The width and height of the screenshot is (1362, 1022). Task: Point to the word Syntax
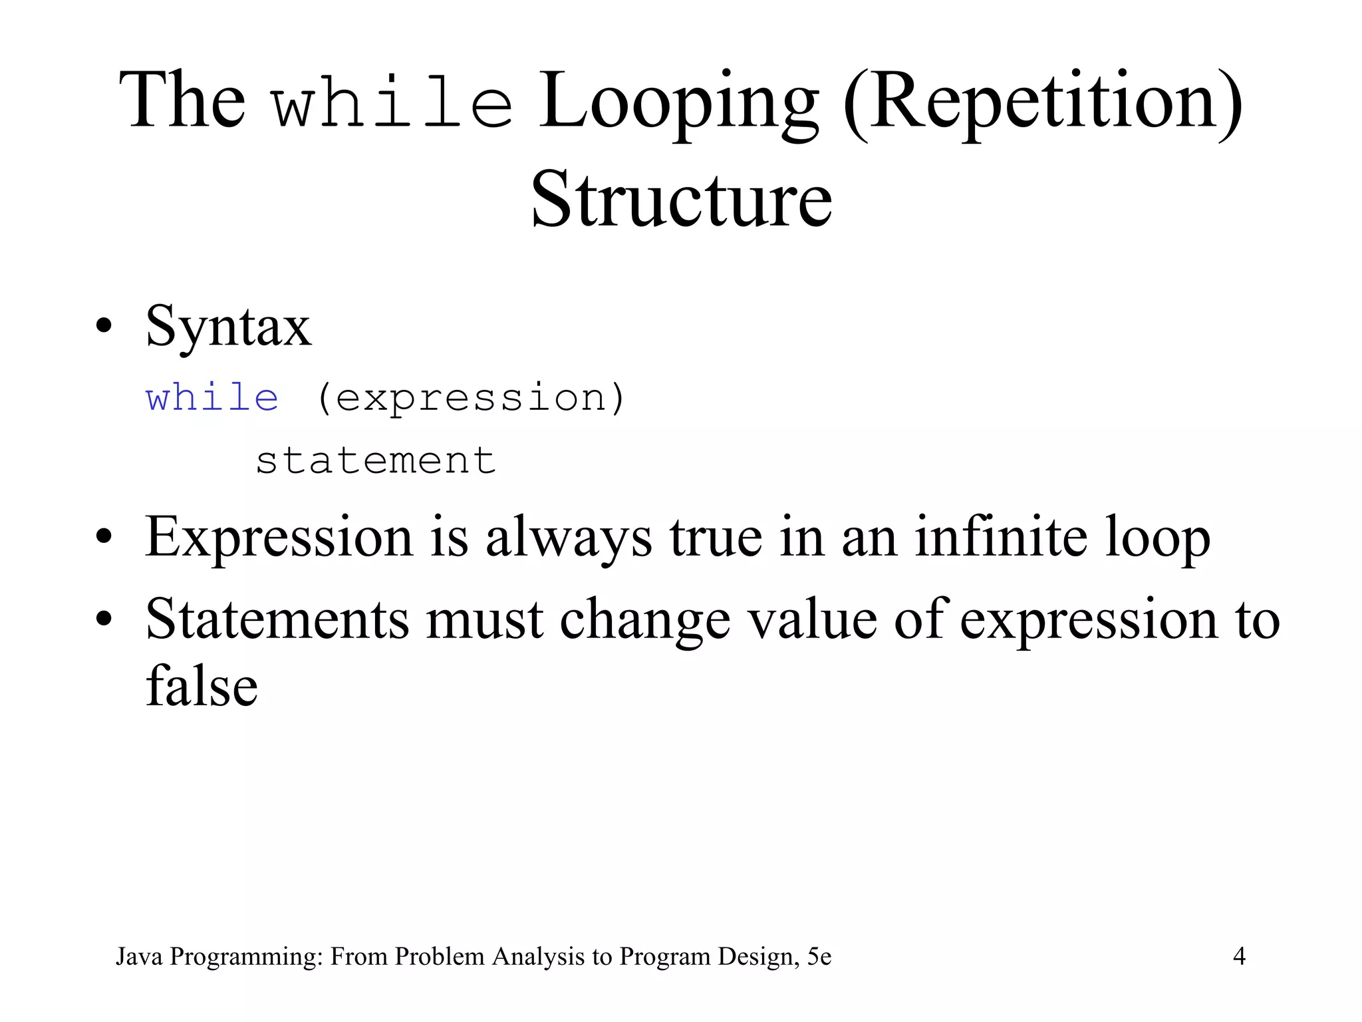(228, 327)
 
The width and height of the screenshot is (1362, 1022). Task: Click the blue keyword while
(212, 398)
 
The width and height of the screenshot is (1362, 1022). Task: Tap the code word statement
(376, 460)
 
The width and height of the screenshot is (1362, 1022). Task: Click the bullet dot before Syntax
(103, 327)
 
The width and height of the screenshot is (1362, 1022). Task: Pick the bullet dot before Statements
(103, 619)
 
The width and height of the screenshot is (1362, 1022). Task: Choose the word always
(569, 539)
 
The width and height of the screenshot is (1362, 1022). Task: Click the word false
(202, 686)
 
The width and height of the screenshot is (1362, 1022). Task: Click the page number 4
(1239, 956)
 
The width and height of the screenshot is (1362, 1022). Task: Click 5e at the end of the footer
(819, 956)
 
